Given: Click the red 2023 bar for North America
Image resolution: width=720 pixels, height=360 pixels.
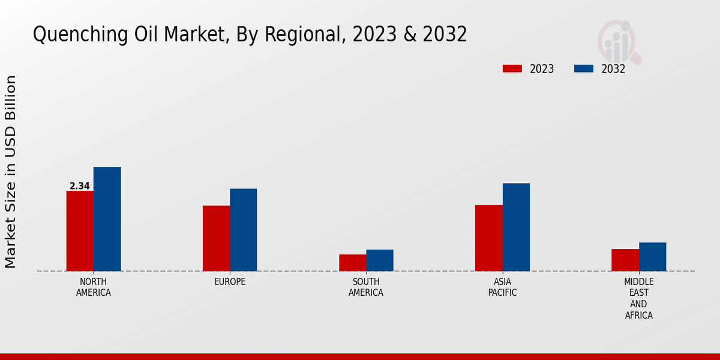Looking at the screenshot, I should coord(80,231).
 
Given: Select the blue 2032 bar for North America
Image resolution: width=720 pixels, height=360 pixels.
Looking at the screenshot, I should coord(107,219).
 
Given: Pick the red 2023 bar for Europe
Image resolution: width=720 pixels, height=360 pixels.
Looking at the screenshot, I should coord(216,238).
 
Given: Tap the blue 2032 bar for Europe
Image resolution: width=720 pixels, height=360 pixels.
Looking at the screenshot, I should coord(243,230).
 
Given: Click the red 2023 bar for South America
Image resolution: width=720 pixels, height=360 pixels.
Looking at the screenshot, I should coord(352,263).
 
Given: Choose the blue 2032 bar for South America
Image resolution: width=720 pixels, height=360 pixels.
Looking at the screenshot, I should coord(380,260).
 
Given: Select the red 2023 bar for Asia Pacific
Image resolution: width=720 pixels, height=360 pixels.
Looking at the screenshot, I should coord(488,238).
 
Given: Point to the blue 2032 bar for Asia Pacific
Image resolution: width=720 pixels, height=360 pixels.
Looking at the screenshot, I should coord(516,227).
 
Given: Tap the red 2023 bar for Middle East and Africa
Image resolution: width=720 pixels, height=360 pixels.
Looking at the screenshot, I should coord(625,260).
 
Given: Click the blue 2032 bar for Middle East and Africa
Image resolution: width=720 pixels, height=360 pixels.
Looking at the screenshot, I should coord(652,257).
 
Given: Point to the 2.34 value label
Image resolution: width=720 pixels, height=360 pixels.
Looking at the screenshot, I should coord(80,186).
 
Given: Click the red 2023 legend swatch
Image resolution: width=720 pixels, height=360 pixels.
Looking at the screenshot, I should coord(512,68).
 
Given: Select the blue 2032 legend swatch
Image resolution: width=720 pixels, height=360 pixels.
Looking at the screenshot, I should coord(584,68).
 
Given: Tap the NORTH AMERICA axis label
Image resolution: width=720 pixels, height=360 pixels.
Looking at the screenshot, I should coord(94,287).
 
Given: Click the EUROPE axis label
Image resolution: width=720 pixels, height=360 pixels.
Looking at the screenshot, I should coord(230,282).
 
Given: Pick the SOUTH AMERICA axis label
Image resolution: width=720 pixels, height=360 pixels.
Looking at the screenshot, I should coord(366,287).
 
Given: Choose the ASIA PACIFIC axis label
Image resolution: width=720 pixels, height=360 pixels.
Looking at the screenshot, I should coord(502,287).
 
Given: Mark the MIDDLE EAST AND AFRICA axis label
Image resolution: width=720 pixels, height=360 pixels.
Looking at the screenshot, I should coord(639,299).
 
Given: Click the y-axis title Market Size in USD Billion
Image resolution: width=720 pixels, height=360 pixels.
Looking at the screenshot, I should coord(11,172).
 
